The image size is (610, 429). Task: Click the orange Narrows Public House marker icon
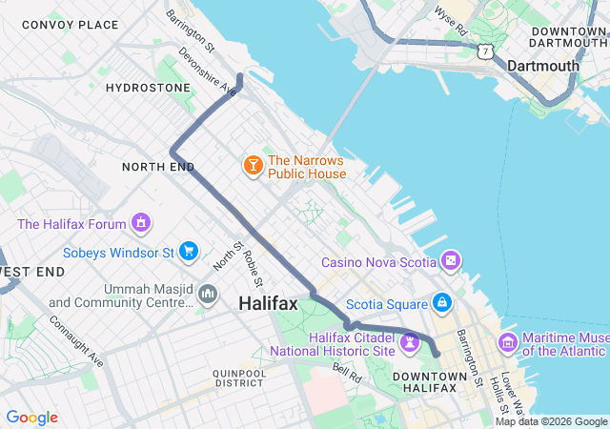[x=253, y=167]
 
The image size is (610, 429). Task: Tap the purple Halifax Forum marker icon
[x=142, y=224]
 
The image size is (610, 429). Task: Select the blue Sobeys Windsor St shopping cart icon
[x=189, y=252]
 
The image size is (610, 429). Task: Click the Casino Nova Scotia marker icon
[x=451, y=260]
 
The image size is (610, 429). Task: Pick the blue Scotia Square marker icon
[x=440, y=303]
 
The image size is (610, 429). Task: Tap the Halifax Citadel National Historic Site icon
[x=411, y=341]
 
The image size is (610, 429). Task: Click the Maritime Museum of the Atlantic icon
[x=507, y=342]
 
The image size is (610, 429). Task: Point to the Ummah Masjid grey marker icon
[x=207, y=295]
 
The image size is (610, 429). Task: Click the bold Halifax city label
[x=268, y=303]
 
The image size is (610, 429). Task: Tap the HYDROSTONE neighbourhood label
[x=148, y=87]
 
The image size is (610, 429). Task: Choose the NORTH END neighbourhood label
[x=152, y=167]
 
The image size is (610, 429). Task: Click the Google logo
[x=31, y=418]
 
